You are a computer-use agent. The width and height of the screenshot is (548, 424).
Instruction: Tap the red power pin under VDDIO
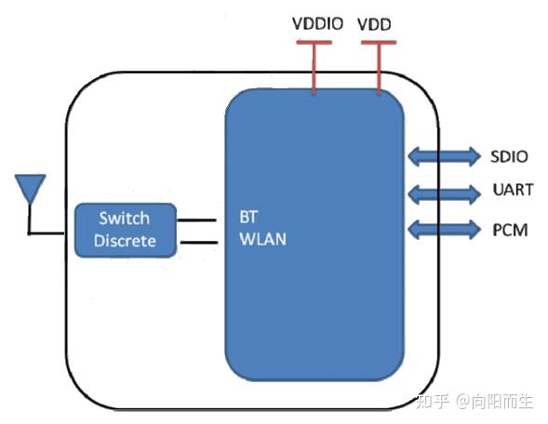pos(314,70)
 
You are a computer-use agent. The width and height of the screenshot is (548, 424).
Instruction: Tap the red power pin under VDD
pos(378,70)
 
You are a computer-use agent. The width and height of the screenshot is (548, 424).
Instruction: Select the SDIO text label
pos(510,155)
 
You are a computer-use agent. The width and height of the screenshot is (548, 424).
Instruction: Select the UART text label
pos(513,191)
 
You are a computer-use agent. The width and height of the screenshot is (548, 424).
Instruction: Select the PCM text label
pos(510,228)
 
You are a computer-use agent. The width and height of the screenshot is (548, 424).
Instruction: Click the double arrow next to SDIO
pos(443,156)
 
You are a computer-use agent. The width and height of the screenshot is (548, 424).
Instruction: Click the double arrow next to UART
pos(443,192)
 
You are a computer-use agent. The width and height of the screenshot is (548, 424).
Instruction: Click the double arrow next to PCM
pos(443,229)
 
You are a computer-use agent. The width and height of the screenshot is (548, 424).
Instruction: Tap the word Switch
pos(124,219)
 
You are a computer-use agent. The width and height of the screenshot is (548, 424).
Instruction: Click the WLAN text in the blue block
pos(262,240)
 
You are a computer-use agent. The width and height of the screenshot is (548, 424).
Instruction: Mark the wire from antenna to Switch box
pos(52,232)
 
